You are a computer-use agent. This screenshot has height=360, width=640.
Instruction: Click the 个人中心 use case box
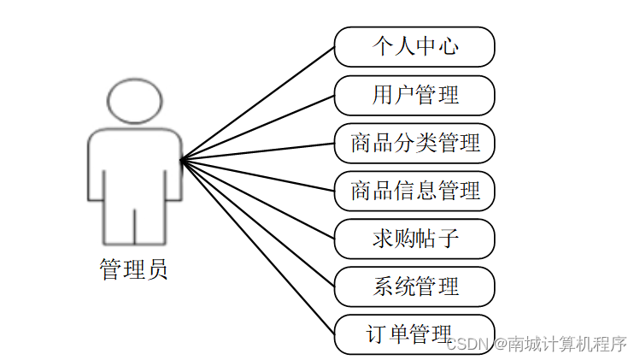coord(414,47)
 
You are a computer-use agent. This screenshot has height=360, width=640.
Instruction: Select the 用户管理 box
coord(414,95)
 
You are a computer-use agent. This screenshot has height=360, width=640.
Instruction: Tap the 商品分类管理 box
coord(414,143)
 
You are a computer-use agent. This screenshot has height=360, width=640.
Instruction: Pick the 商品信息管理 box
coord(414,191)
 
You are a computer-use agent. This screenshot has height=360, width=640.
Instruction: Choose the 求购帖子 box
coord(414,239)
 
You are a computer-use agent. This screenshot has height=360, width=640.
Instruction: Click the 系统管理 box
coord(414,286)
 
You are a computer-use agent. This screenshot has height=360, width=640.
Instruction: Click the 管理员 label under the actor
coord(133,270)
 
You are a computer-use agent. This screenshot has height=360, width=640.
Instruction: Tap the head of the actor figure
coord(134,100)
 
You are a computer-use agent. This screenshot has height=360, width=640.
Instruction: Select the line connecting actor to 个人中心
coord(256,103)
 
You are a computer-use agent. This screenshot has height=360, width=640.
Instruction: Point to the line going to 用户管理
coord(256,127)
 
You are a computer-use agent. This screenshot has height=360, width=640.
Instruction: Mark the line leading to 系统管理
coord(256,222)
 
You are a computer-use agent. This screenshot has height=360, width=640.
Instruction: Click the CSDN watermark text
coord(468,345)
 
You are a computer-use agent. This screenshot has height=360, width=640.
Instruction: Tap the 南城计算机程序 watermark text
coord(568,345)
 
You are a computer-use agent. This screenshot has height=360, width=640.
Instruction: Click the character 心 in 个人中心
coord(448,46)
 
